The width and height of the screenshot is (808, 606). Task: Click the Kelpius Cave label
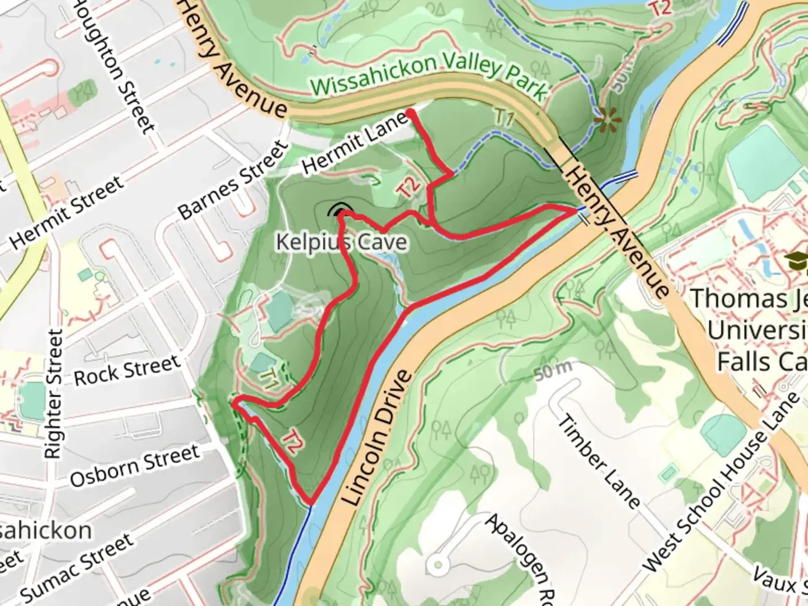tap(342, 242)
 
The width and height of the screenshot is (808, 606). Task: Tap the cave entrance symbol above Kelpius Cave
tap(338, 212)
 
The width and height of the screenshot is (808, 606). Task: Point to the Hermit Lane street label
tap(355, 142)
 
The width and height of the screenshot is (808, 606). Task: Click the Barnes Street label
tap(233, 181)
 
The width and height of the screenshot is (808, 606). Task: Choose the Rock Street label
tap(126, 370)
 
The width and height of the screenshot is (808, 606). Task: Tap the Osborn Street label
tap(135, 466)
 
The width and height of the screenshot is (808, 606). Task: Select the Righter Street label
tap(54, 394)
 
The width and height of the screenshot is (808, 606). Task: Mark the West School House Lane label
tap(722, 483)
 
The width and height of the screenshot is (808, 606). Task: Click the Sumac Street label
tap(79, 567)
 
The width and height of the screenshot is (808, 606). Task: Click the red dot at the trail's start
tap(411, 114)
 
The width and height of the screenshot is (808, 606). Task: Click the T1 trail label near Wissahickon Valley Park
tap(504, 118)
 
